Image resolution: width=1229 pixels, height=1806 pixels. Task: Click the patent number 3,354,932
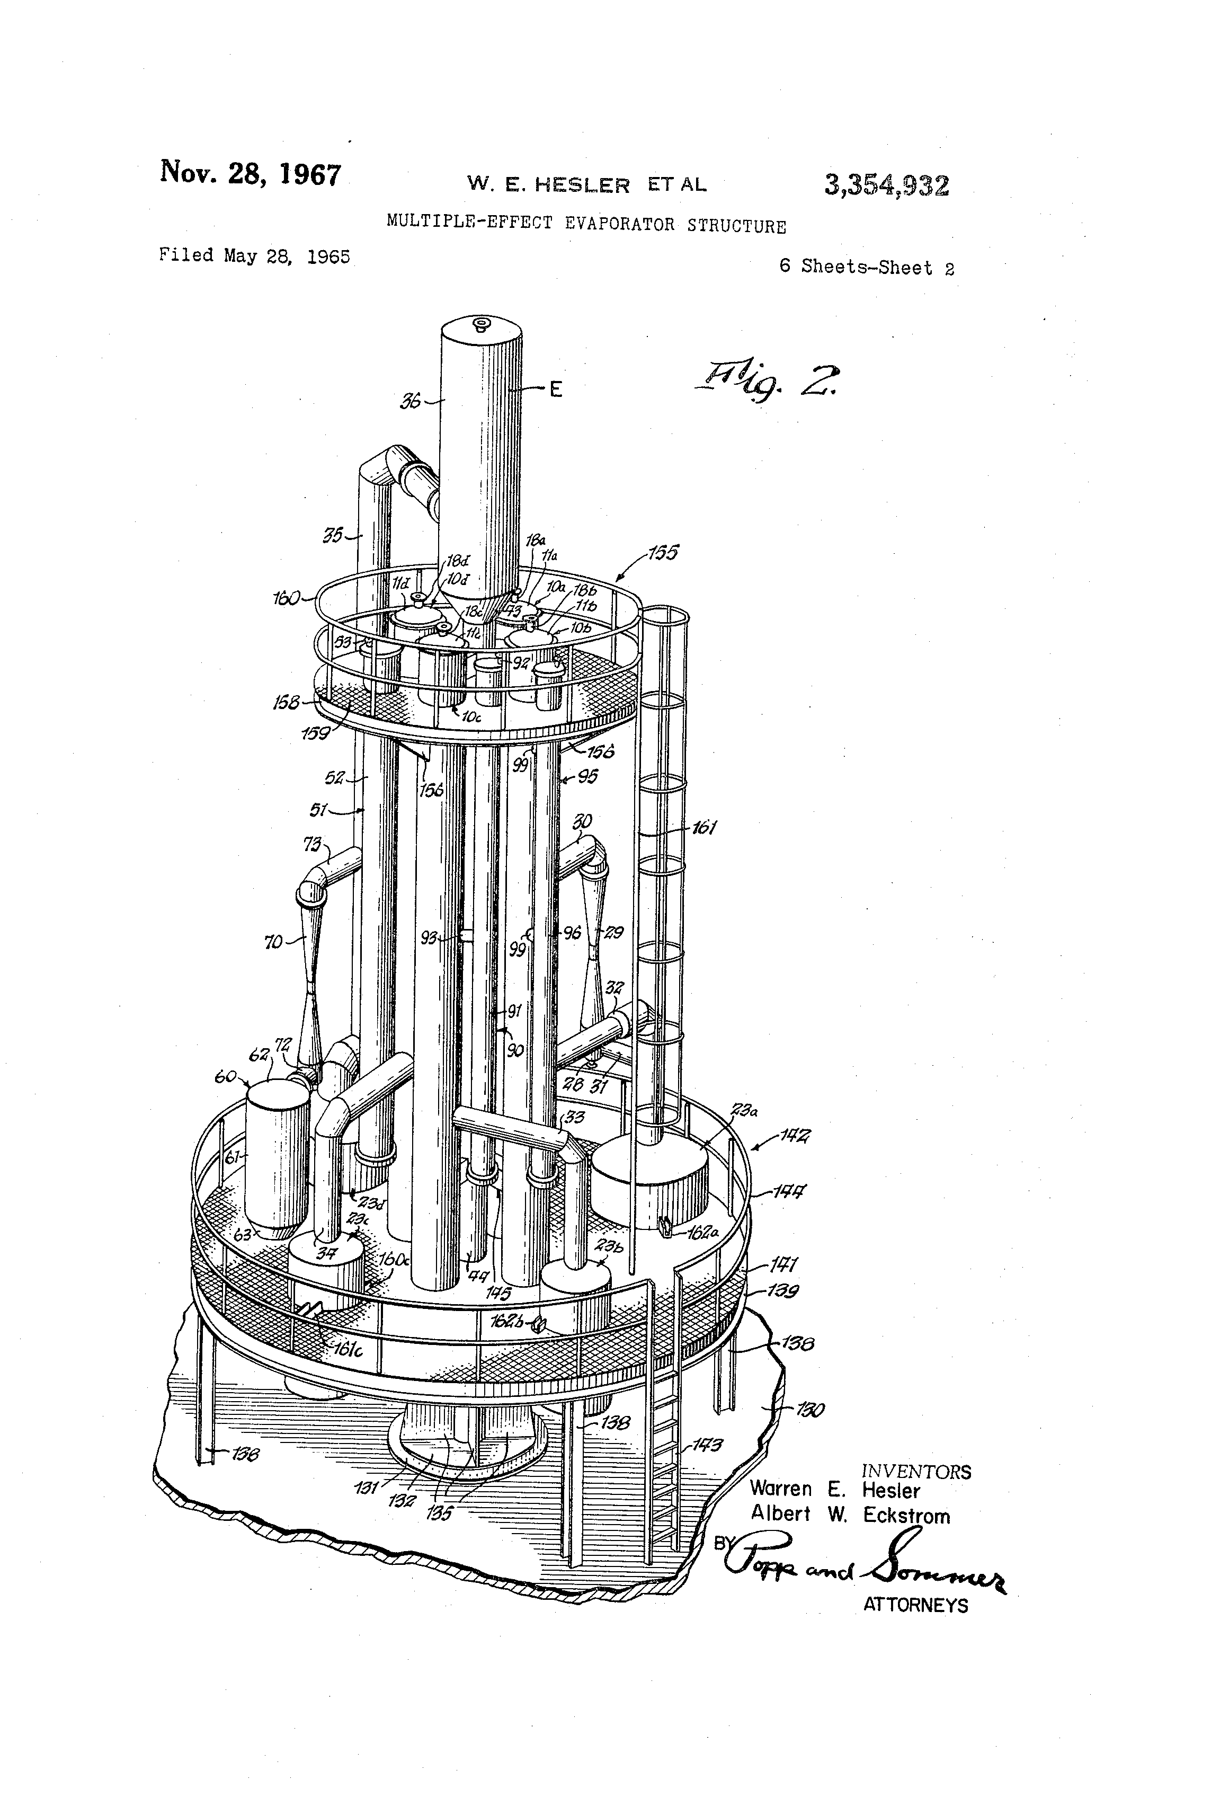click(886, 185)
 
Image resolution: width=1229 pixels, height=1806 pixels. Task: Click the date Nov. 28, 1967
click(250, 173)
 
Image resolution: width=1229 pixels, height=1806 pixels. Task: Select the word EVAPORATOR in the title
click(619, 225)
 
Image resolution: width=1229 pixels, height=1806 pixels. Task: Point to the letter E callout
click(556, 389)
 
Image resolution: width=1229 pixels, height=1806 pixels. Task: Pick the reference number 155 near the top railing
click(663, 553)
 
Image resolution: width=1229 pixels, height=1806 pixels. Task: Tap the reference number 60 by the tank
click(225, 1077)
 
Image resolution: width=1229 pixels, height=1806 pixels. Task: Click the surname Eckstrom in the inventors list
click(906, 1516)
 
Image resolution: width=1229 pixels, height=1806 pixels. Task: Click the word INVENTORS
click(916, 1472)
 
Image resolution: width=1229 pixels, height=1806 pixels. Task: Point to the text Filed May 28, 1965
click(254, 255)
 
